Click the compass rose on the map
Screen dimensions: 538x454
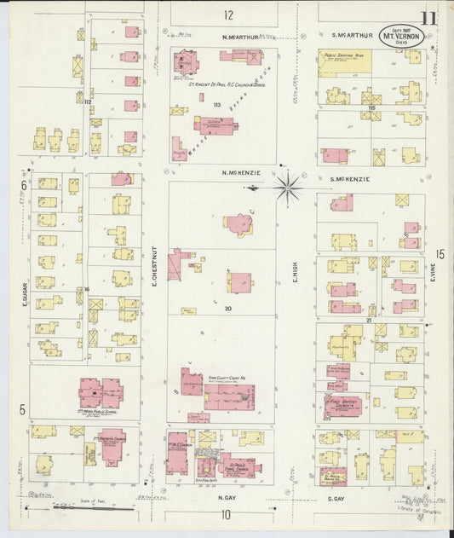(289, 188)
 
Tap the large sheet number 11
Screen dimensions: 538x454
(428, 19)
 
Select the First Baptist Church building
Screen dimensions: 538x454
(343, 406)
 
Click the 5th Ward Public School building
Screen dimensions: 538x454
(101, 393)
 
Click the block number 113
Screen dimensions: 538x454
(217, 106)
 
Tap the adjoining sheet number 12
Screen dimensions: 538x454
(228, 14)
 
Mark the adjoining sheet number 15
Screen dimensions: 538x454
(440, 254)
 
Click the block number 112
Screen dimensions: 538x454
(88, 102)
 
